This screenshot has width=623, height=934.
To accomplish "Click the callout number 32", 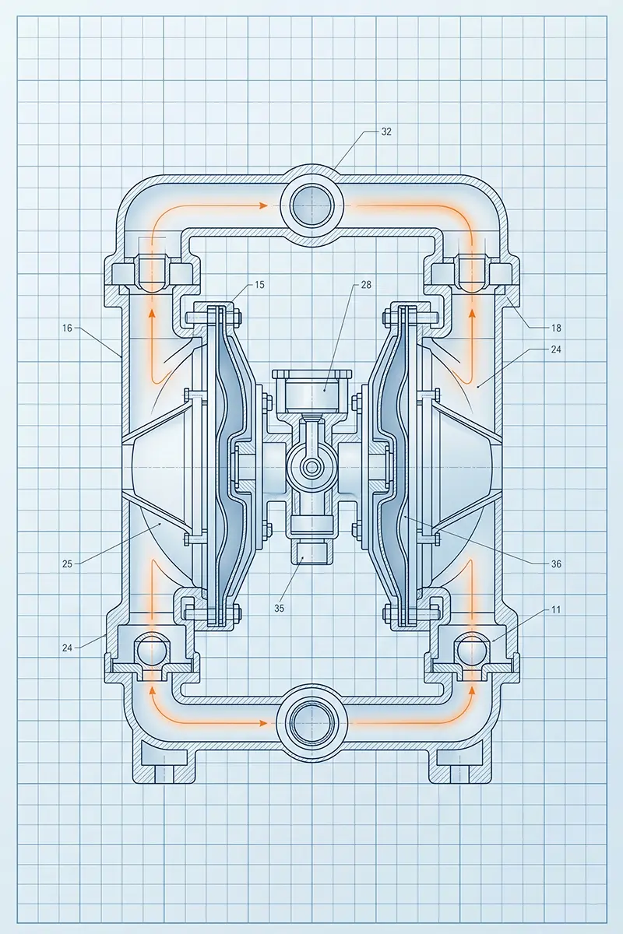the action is pyautogui.click(x=386, y=132).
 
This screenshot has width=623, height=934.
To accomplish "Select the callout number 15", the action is pyautogui.click(x=259, y=285).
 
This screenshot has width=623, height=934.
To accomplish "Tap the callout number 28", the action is pyautogui.click(x=366, y=285).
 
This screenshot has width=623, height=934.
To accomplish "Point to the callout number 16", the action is pyautogui.click(x=67, y=328).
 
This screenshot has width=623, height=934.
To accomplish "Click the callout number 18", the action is pyautogui.click(x=556, y=328).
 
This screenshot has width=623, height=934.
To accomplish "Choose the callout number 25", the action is pyautogui.click(x=67, y=564).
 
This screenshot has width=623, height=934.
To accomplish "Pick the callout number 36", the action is pyautogui.click(x=556, y=564).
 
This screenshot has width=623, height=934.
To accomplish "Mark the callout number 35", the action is pyautogui.click(x=279, y=609).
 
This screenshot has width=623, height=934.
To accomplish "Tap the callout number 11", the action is pyautogui.click(x=556, y=609).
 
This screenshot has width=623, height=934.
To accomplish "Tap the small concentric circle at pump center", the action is pyautogui.click(x=311, y=466).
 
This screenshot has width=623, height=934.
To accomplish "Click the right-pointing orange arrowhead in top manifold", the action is pyautogui.click(x=263, y=205).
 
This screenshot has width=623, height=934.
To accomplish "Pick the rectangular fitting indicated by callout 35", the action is pyautogui.click(x=311, y=553).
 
